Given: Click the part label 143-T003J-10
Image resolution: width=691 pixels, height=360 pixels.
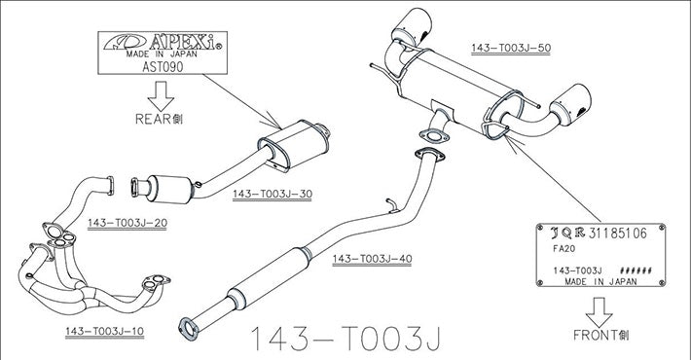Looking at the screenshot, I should pyautogui.click(x=105, y=332).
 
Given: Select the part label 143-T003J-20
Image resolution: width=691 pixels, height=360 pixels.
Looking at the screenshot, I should pyautogui.click(x=127, y=223).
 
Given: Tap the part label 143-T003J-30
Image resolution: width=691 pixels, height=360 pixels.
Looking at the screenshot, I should pyautogui.click(x=272, y=195).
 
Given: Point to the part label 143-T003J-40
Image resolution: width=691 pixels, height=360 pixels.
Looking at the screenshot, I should pyautogui.click(x=373, y=259).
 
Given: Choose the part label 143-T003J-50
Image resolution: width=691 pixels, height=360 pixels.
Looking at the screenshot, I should pyautogui.click(x=511, y=48).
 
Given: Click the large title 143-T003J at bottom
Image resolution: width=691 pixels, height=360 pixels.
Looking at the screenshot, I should pyautogui.click(x=345, y=338).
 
